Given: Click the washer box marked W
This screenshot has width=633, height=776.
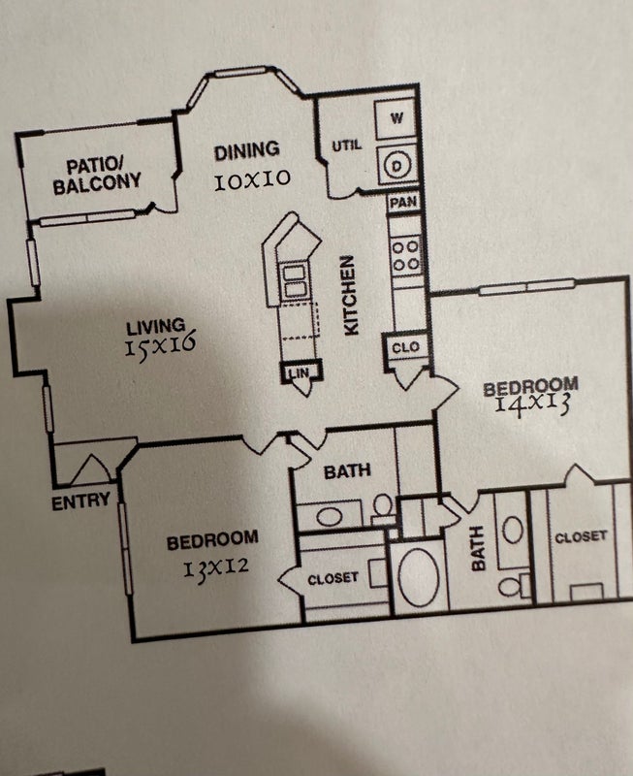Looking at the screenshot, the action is [x=395, y=118].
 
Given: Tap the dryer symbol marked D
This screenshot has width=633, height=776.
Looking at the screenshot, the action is [x=396, y=166].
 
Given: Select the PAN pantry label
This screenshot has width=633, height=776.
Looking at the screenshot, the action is [x=403, y=202].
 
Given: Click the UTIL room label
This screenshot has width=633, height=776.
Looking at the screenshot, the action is [x=347, y=145].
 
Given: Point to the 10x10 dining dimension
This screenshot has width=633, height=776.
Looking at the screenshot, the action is [x=252, y=180].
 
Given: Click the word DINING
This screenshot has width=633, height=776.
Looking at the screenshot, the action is [x=247, y=151].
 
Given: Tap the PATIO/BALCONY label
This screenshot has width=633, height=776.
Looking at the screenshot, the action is [x=97, y=176].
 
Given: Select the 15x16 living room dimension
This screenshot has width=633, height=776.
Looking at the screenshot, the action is [x=160, y=344].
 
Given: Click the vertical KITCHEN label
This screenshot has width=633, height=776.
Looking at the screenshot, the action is [x=350, y=296].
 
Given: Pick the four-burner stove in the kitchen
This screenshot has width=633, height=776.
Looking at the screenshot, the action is [x=405, y=255].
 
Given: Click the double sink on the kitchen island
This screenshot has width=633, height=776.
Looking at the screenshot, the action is [x=295, y=281].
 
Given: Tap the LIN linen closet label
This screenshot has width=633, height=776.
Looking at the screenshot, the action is [x=300, y=372].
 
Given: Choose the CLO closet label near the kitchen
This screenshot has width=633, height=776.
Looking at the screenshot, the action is [x=405, y=347].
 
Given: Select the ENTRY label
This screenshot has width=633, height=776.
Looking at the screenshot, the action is [x=81, y=502].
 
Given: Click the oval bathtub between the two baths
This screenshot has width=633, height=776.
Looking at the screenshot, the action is [x=418, y=577].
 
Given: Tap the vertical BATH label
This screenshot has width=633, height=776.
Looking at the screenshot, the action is [x=477, y=548].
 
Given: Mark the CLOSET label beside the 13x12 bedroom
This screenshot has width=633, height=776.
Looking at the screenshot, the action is [x=332, y=578].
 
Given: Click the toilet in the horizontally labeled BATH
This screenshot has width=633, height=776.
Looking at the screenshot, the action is [x=383, y=507].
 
